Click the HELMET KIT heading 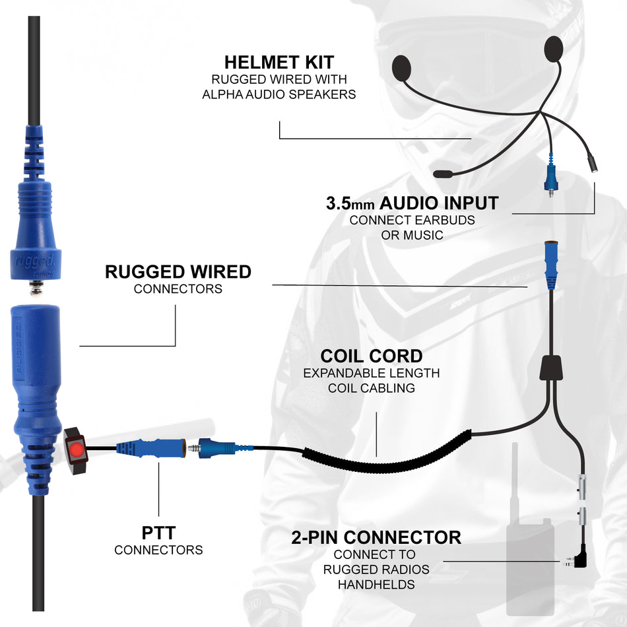click(x=279, y=62)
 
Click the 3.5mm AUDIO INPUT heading click(x=412, y=203)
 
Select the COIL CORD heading click(x=371, y=356)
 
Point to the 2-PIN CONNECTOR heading click(x=376, y=537)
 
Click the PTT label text click(x=158, y=532)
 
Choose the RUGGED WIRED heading click(x=178, y=271)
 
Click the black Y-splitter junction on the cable click(x=551, y=367)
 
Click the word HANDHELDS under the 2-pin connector click(x=376, y=584)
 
